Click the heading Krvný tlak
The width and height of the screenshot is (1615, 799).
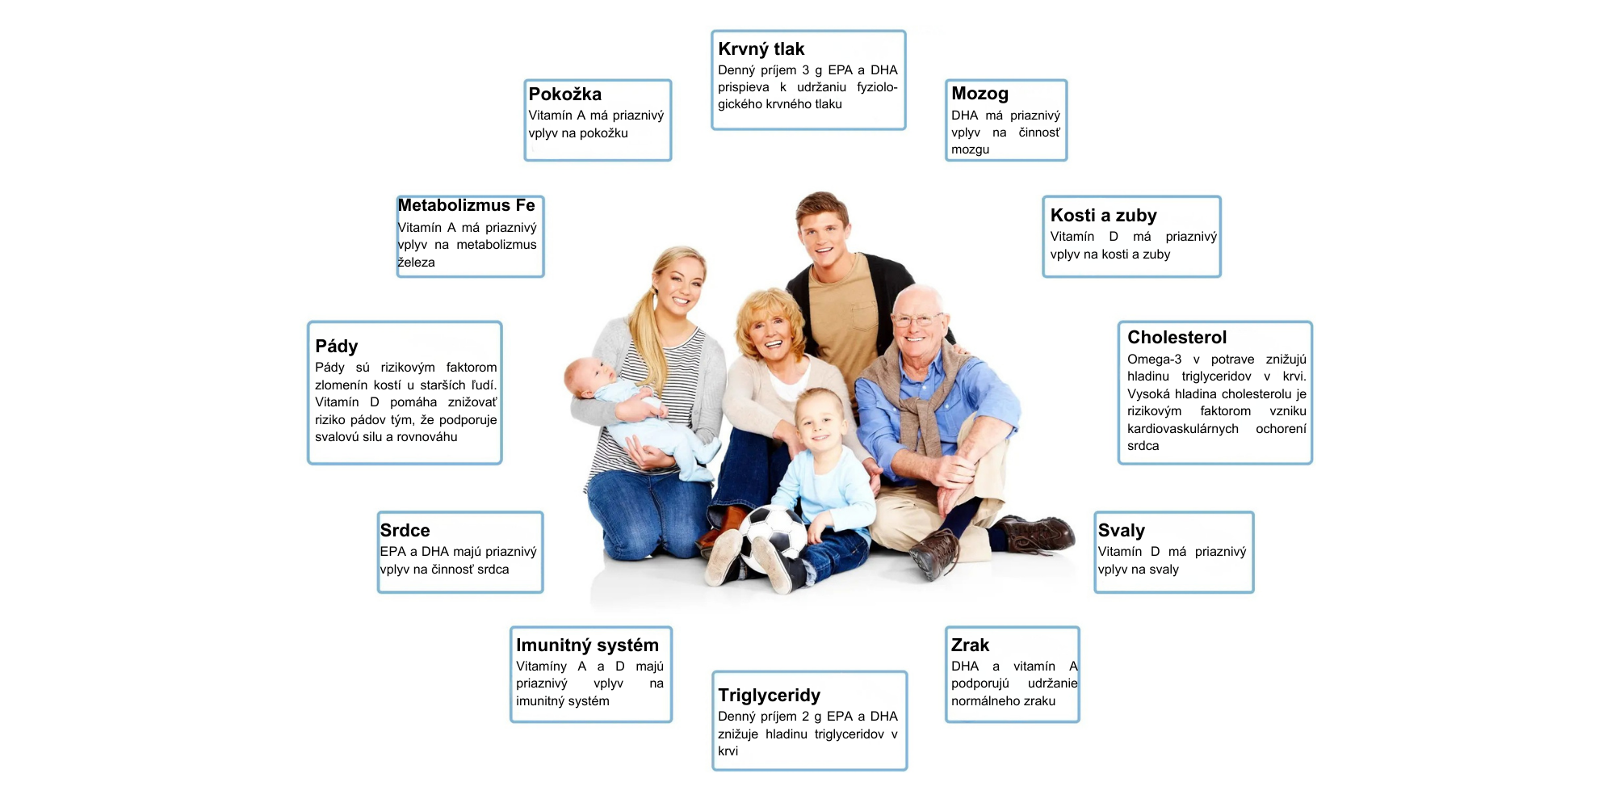(x=761, y=49)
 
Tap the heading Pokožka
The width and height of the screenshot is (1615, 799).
(x=565, y=94)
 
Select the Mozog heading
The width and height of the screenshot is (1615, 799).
(x=979, y=94)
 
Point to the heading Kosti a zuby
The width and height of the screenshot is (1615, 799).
(x=1103, y=215)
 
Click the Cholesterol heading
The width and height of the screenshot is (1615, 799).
(x=1177, y=337)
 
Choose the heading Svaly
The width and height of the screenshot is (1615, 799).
(x=1121, y=531)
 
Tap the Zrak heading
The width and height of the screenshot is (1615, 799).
(x=970, y=645)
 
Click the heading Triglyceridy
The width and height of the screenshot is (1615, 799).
(x=769, y=695)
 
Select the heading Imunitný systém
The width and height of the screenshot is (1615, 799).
(x=587, y=645)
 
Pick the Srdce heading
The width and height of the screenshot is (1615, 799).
(x=405, y=531)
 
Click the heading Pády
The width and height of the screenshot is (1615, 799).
(x=336, y=346)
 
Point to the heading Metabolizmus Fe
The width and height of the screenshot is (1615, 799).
(x=466, y=205)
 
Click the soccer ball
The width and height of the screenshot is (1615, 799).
(x=773, y=540)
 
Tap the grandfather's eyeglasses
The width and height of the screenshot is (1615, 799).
(x=915, y=320)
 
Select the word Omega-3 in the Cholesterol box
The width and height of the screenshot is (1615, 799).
(x=1154, y=360)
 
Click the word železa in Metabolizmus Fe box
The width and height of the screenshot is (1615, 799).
(x=416, y=263)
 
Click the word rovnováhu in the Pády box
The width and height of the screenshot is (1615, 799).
(x=426, y=437)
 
